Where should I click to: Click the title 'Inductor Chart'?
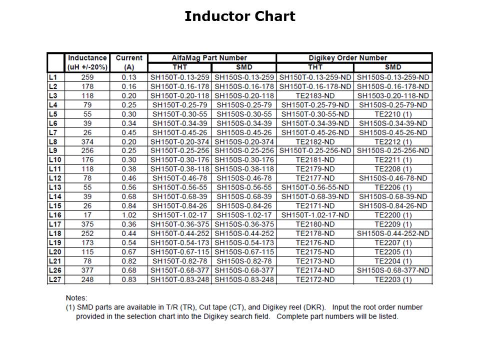[239, 16]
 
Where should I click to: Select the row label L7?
[53, 132]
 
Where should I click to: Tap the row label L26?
[55, 270]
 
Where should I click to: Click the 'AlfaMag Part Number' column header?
[212, 58]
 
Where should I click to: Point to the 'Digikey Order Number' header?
[354, 58]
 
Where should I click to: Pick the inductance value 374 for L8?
[87, 141]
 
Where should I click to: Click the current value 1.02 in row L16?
[129, 215]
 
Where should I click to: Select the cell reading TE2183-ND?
[315, 95]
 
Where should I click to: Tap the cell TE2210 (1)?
[393, 114]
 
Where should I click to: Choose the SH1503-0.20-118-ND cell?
[393, 95]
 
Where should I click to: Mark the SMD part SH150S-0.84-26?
[244, 206]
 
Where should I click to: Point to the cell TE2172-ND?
[315, 279]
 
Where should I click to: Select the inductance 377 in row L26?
[87, 270]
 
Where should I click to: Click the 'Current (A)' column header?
[129, 62]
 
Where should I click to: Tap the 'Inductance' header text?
[87, 58]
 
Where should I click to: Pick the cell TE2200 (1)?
[393, 215]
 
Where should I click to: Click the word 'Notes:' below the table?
[76, 298]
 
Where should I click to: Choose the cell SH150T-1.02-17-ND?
[315, 215]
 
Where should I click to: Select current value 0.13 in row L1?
[129, 77]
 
